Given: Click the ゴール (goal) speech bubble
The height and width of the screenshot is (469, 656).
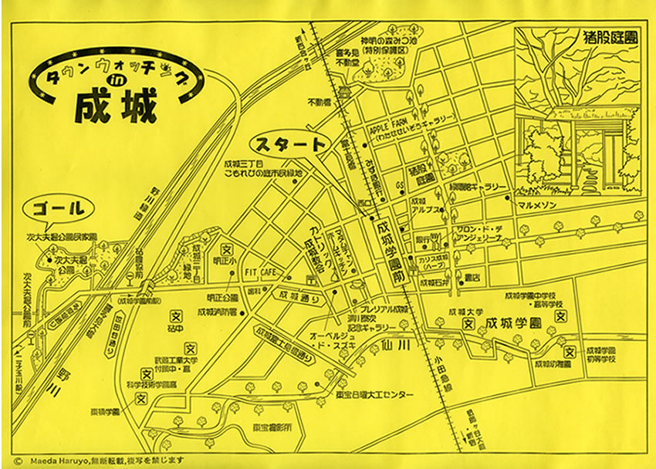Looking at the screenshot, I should point(59,208).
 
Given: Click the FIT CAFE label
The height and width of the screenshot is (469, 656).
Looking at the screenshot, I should point(262,272).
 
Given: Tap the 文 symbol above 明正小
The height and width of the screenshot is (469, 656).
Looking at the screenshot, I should point(227,249).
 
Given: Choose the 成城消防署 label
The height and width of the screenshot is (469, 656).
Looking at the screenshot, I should point(216,312).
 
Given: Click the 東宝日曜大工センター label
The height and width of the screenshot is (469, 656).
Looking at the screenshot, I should point(382,395).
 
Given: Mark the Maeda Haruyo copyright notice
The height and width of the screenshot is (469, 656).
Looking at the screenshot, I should point(100,460).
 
